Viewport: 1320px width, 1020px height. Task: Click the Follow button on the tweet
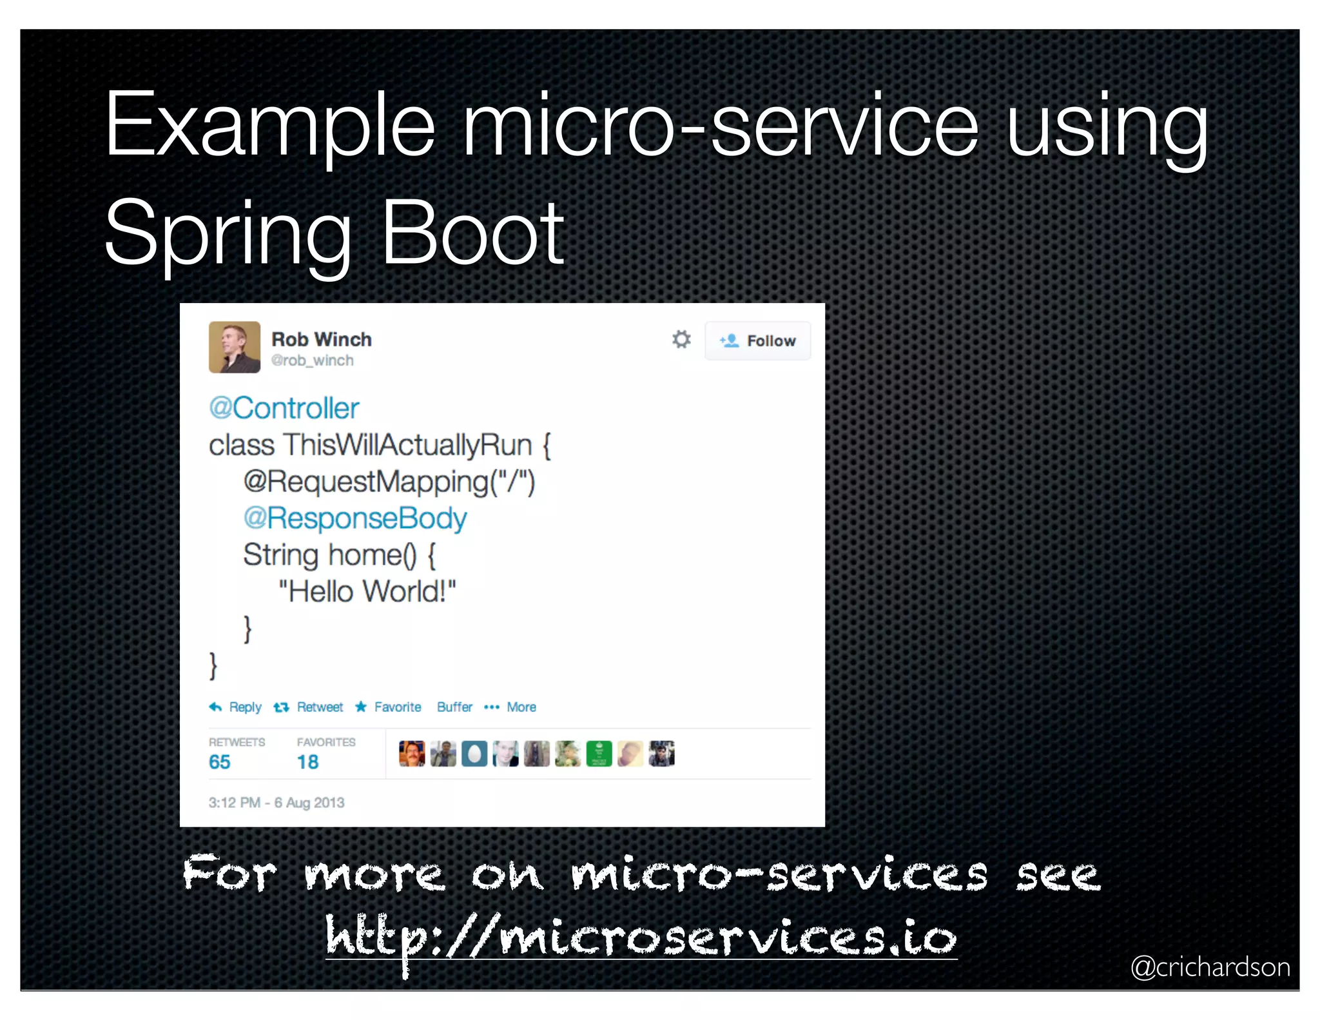tap(758, 340)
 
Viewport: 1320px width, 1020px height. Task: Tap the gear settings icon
tap(681, 339)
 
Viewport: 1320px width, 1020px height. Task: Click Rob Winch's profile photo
tap(235, 347)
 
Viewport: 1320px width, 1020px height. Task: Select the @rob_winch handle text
tap(313, 360)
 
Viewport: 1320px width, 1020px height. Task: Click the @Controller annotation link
tap(284, 408)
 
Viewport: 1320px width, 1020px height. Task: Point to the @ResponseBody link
tap(355, 518)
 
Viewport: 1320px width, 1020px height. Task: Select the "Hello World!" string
tap(367, 591)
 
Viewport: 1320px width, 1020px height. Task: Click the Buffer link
tap(454, 707)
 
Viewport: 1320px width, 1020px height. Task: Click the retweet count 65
tap(220, 762)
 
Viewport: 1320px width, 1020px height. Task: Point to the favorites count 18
tap(308, 762)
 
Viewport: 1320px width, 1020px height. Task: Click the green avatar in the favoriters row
tap(599, 754)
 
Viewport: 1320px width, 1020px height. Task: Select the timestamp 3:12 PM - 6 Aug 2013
tap(277, 803)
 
